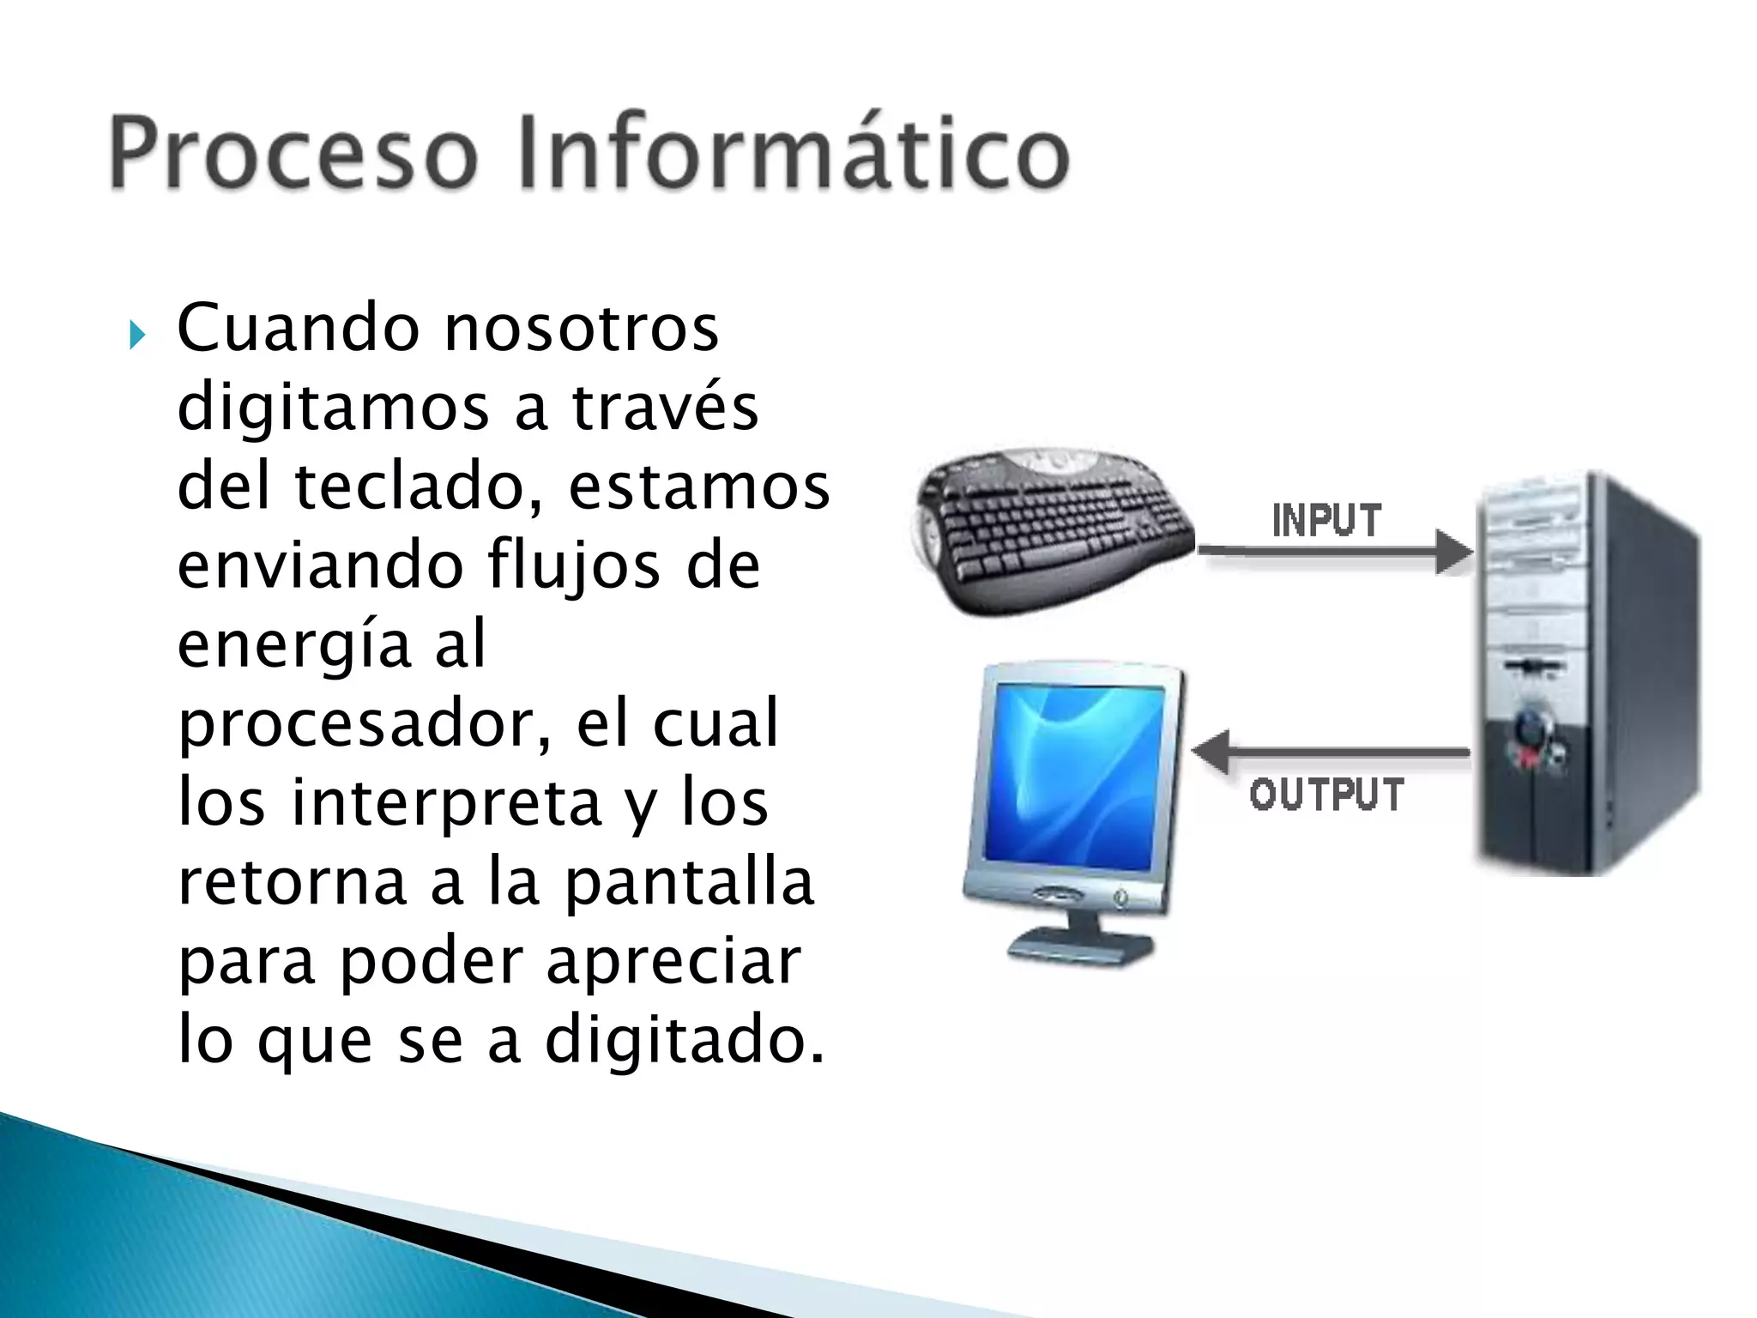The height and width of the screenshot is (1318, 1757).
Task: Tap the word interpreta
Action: (x=446, y=803)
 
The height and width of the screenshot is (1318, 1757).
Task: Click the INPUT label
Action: (x=1326, y=521)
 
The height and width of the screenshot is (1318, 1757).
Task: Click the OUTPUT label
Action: (x=1326, y=795)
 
